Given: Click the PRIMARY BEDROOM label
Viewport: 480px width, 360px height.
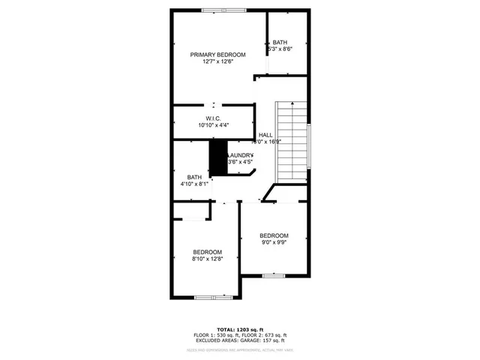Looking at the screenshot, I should coord(217,55).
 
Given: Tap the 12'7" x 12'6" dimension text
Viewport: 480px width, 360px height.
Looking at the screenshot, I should coord(217,62).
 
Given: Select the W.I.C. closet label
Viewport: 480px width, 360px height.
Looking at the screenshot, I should coord(213,118).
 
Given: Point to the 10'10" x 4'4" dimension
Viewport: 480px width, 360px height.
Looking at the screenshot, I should coord(214,126).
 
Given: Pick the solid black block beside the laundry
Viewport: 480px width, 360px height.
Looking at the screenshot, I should coord(217,158).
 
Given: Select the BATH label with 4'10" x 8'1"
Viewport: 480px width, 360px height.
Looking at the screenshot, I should coord(194,177).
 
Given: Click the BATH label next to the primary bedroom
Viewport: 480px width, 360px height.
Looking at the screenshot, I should coord(280,42).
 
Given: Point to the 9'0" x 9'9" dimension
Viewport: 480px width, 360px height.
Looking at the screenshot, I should coord(274,243).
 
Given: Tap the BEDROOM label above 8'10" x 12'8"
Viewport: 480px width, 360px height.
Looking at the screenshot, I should coord(207,251).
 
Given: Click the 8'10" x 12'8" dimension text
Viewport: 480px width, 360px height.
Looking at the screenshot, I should coord(207,259).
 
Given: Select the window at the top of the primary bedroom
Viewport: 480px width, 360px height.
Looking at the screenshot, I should coord(223,10).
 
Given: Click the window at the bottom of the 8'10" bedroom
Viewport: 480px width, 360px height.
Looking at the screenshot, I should coord(213,298).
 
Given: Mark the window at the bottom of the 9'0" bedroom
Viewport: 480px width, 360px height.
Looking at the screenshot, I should coord(273,276).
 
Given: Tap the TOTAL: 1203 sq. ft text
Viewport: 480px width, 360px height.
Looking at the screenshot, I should coord(240,329).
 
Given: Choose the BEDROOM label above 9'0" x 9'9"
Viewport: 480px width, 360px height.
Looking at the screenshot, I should coord(274,235).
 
